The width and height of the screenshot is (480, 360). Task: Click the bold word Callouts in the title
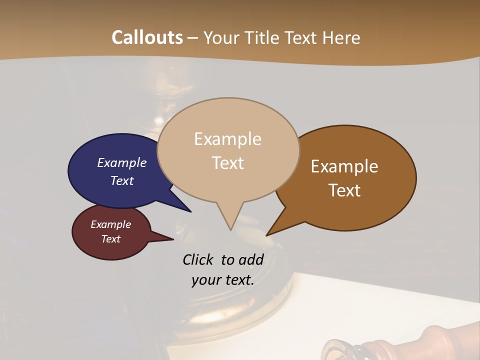point(147,37)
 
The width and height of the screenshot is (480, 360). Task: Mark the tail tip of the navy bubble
point(190,211)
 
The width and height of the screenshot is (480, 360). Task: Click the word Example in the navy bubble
point(121,162)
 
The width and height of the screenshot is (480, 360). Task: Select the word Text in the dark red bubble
point(110,239)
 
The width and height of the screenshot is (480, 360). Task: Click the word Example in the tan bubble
point(227,139)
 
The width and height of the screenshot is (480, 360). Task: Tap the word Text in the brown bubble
point(344,190)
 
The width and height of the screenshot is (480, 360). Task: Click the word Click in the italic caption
point(197,259)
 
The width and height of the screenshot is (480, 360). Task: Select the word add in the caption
point(251,259)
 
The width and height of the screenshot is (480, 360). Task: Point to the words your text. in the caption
point(223,280)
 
